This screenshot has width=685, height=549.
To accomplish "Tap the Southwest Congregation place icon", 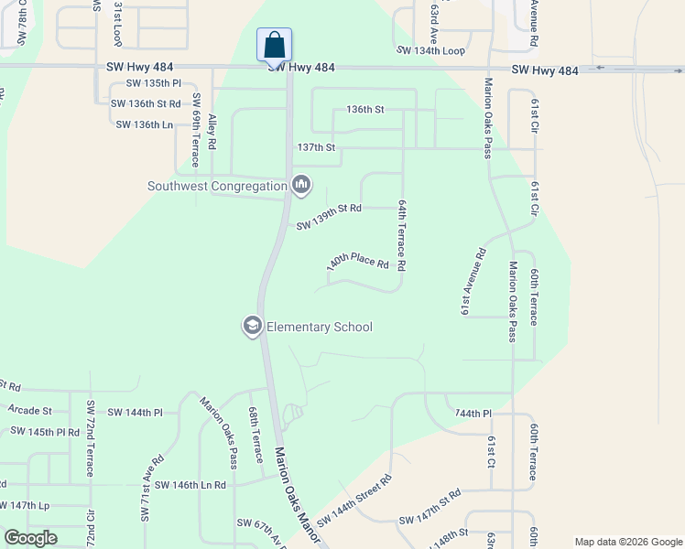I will pos(301,186).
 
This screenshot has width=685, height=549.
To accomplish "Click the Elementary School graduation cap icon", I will pos(253,327).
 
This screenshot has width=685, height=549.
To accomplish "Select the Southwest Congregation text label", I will pos(218,187).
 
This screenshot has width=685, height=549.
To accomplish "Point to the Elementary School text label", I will pos(320,327).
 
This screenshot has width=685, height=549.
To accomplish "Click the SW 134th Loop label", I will pos(430,51).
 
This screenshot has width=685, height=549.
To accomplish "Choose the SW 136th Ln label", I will pos(145,124).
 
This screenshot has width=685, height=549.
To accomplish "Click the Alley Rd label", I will pos(212,132).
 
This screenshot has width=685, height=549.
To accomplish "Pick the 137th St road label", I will pos(317,147).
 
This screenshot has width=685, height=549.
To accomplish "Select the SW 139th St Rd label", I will pos(329,217).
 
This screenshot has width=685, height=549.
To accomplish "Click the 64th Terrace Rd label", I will pos(401,235).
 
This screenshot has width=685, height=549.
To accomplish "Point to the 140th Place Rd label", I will pos(359,263).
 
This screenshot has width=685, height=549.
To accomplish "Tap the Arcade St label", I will pos(30,411).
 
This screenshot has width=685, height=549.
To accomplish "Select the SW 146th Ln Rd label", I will pos(190,485).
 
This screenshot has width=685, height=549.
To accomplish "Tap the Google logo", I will pos(31,538).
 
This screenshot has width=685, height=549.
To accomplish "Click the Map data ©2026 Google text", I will pos(628,541).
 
